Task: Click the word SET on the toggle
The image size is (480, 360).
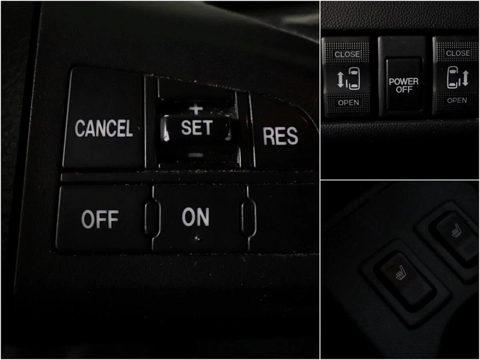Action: click(197, 127)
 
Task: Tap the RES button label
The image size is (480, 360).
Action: click(280, 136)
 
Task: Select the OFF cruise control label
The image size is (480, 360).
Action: click(100, 219)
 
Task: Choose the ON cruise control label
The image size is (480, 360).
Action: click(196, 217)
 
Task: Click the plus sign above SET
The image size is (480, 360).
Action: click(196, 109)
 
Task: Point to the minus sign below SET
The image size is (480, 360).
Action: click(196, 155)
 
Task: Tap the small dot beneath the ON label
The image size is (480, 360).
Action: click(198, 238)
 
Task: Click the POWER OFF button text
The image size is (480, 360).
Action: click(403, 85)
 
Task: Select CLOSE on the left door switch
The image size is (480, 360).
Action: click(347, 55)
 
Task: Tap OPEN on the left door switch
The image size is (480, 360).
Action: click(349, 103)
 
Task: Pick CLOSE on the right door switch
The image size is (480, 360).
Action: click(458, 53)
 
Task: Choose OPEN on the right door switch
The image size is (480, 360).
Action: click(457, 100)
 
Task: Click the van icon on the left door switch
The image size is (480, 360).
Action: click(353, 79)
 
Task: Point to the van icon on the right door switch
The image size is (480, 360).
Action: click(454, 77)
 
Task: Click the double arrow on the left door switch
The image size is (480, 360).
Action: click(340, 79)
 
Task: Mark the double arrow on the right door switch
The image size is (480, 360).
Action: click(466, 78)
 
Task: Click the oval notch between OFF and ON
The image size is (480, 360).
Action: click(152, 217)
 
